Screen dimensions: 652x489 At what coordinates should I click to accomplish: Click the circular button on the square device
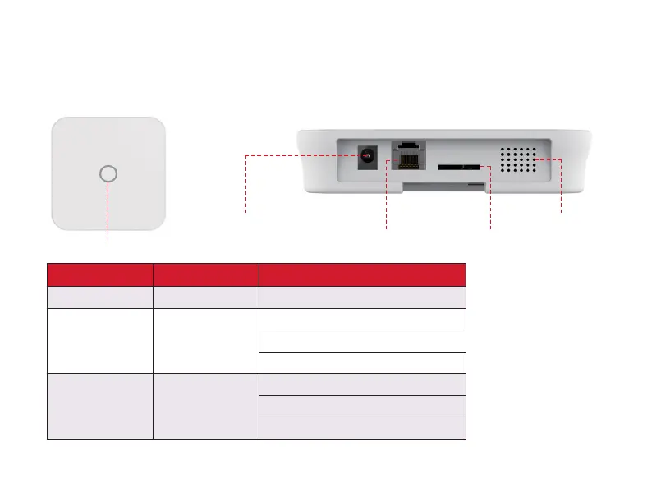pos(108,173)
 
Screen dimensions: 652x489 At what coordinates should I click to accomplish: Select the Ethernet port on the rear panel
pos(404,155)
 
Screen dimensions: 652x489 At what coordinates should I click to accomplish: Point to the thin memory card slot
pos(459,167)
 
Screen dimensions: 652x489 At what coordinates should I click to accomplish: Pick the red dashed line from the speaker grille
pos(561,185)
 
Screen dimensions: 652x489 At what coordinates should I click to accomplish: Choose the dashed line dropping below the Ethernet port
pos(386,193)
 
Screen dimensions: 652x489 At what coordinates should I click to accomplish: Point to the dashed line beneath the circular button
pos(108,214)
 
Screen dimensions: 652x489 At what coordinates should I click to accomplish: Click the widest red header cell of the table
pos(362,274)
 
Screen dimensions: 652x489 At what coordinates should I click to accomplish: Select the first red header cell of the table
pos(99,274)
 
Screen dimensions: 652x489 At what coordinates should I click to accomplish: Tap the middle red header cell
pos(205,274)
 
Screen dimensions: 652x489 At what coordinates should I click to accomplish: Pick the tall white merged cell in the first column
pos(99,340)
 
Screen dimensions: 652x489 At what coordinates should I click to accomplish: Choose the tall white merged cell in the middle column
pos(205,340)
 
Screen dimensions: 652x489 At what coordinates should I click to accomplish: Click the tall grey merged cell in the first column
pos(99,406)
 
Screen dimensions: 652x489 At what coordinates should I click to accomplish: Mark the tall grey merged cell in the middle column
pos(205,406)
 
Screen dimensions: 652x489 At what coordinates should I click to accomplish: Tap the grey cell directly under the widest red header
pos(362,296)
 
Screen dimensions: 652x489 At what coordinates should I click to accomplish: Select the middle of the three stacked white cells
pos(362,340)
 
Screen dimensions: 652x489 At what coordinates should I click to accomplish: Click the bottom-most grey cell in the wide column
pos(362,428)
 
